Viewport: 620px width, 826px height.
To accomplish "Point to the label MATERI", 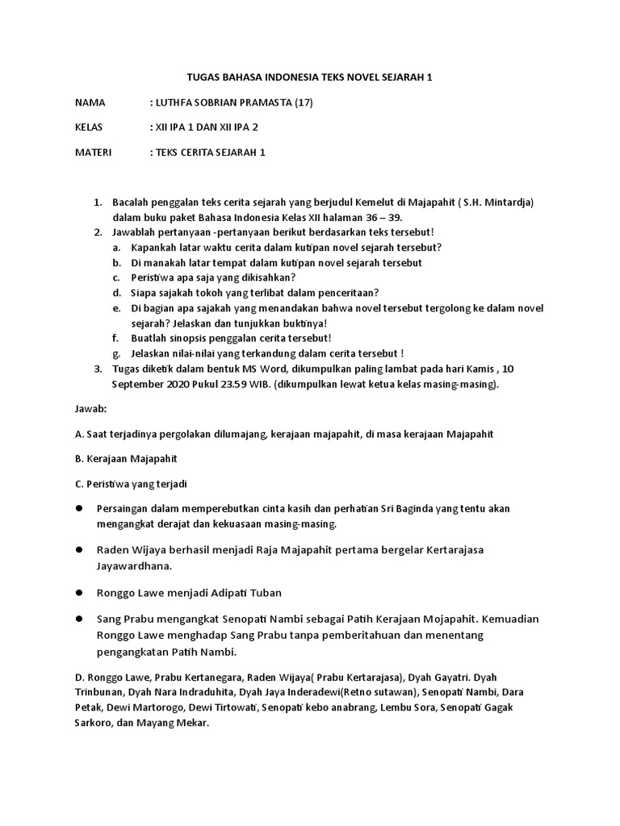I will [93, 152].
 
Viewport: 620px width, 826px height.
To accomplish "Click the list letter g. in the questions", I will [117, 353].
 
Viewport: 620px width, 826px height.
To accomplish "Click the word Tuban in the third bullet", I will [265, 593].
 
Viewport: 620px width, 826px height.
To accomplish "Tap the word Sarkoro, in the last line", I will [94, 723].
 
